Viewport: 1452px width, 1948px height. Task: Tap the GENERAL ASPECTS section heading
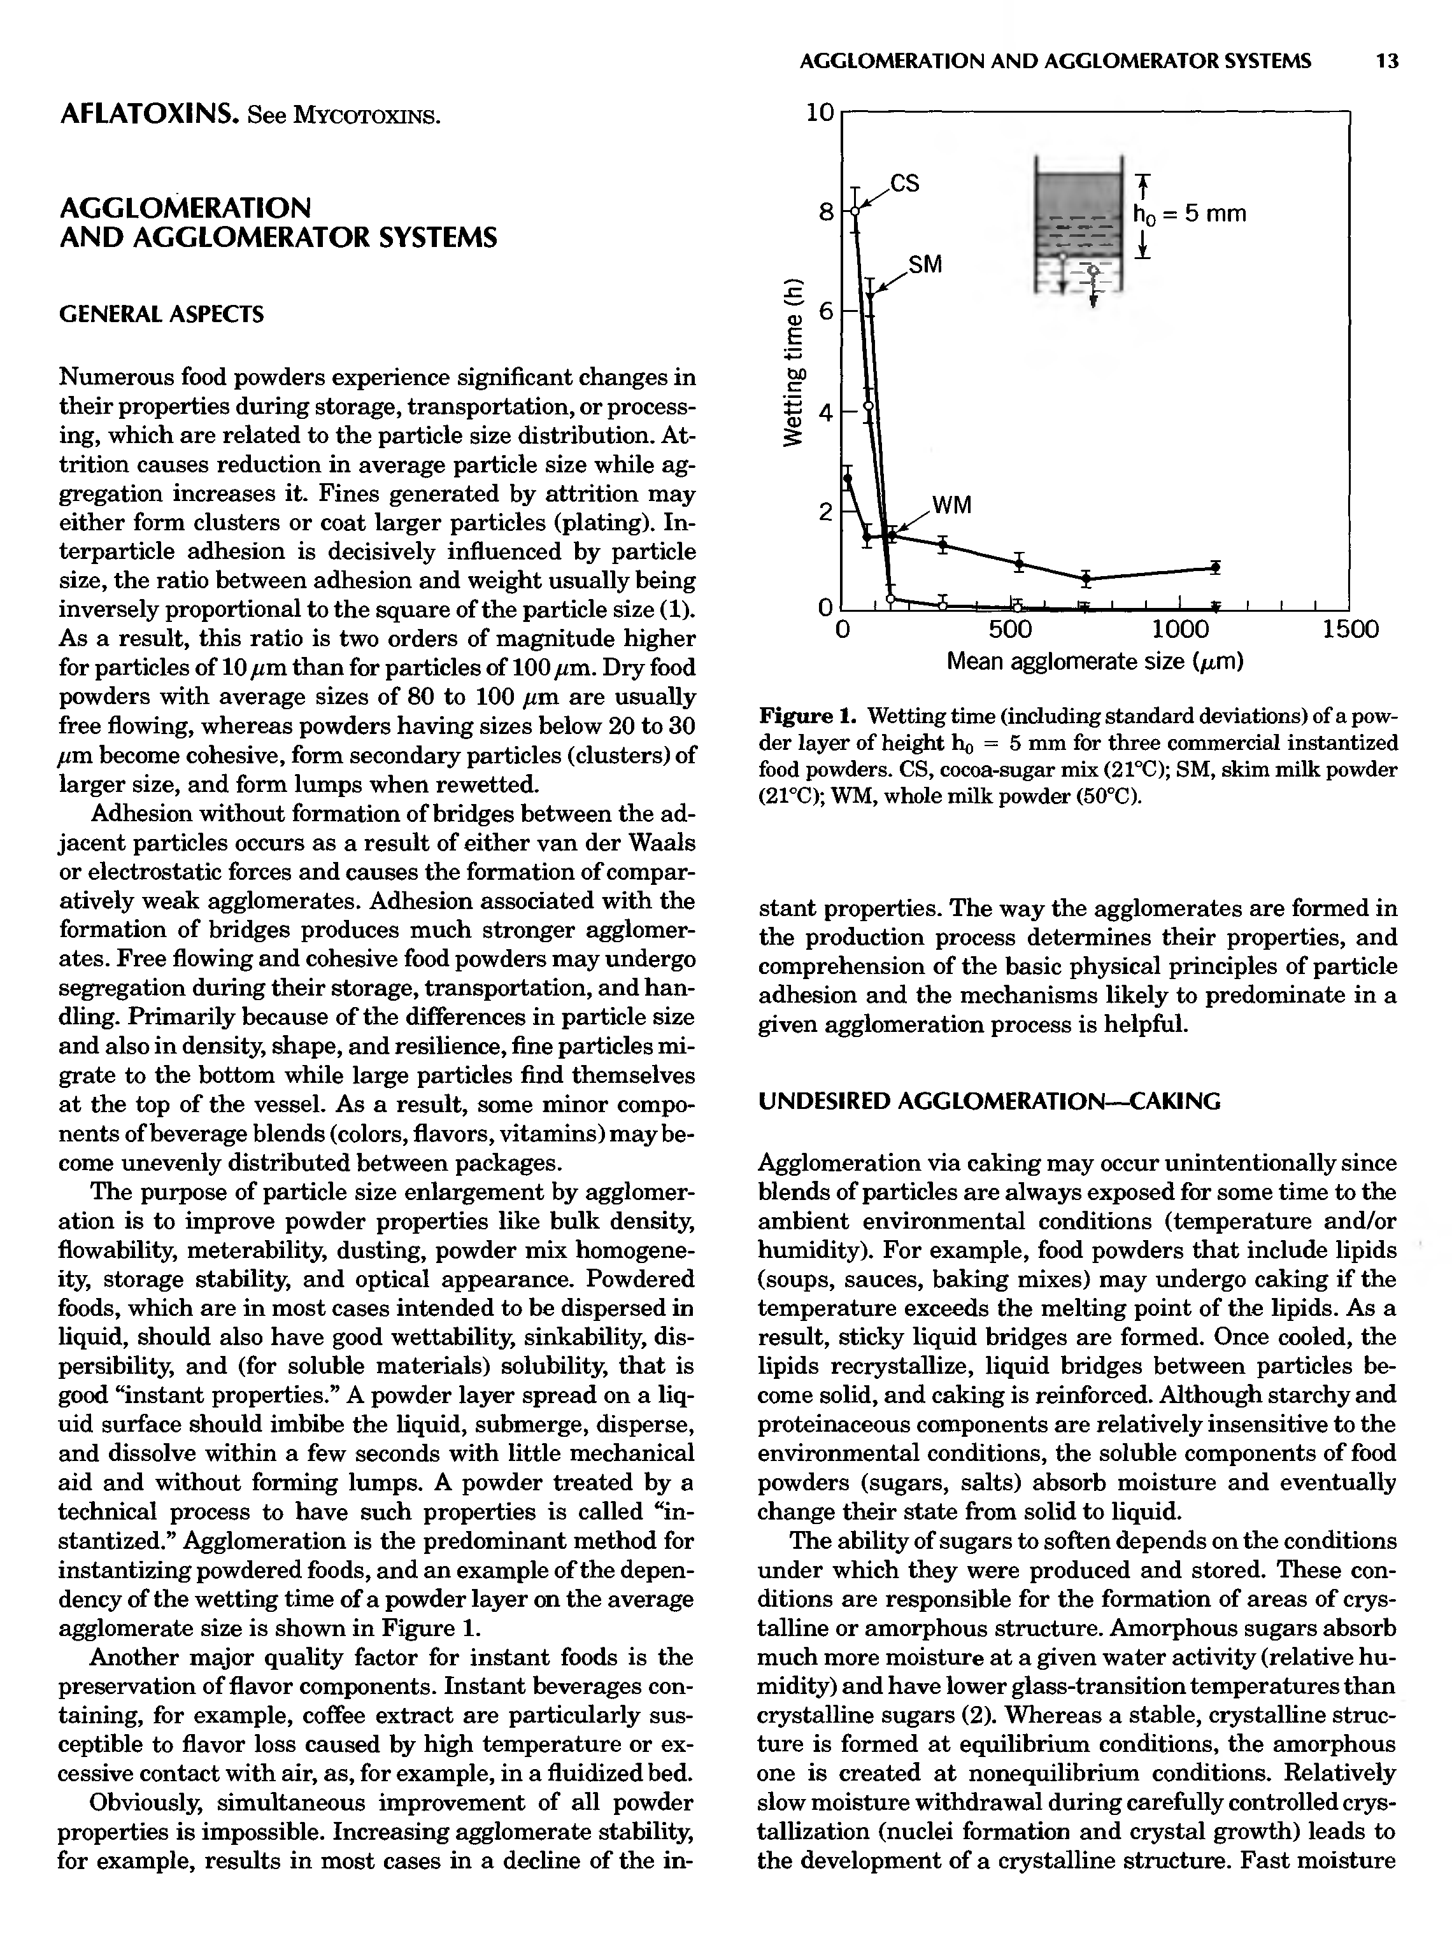[x=161, y=314]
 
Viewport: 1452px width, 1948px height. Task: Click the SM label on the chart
[x=925, y=264]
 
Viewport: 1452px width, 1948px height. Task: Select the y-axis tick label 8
[x=825, y=212]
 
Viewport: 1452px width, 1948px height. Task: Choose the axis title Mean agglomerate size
[x=1094, y=661]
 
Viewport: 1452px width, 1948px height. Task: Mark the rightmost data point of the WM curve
[x=1214, y=568]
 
